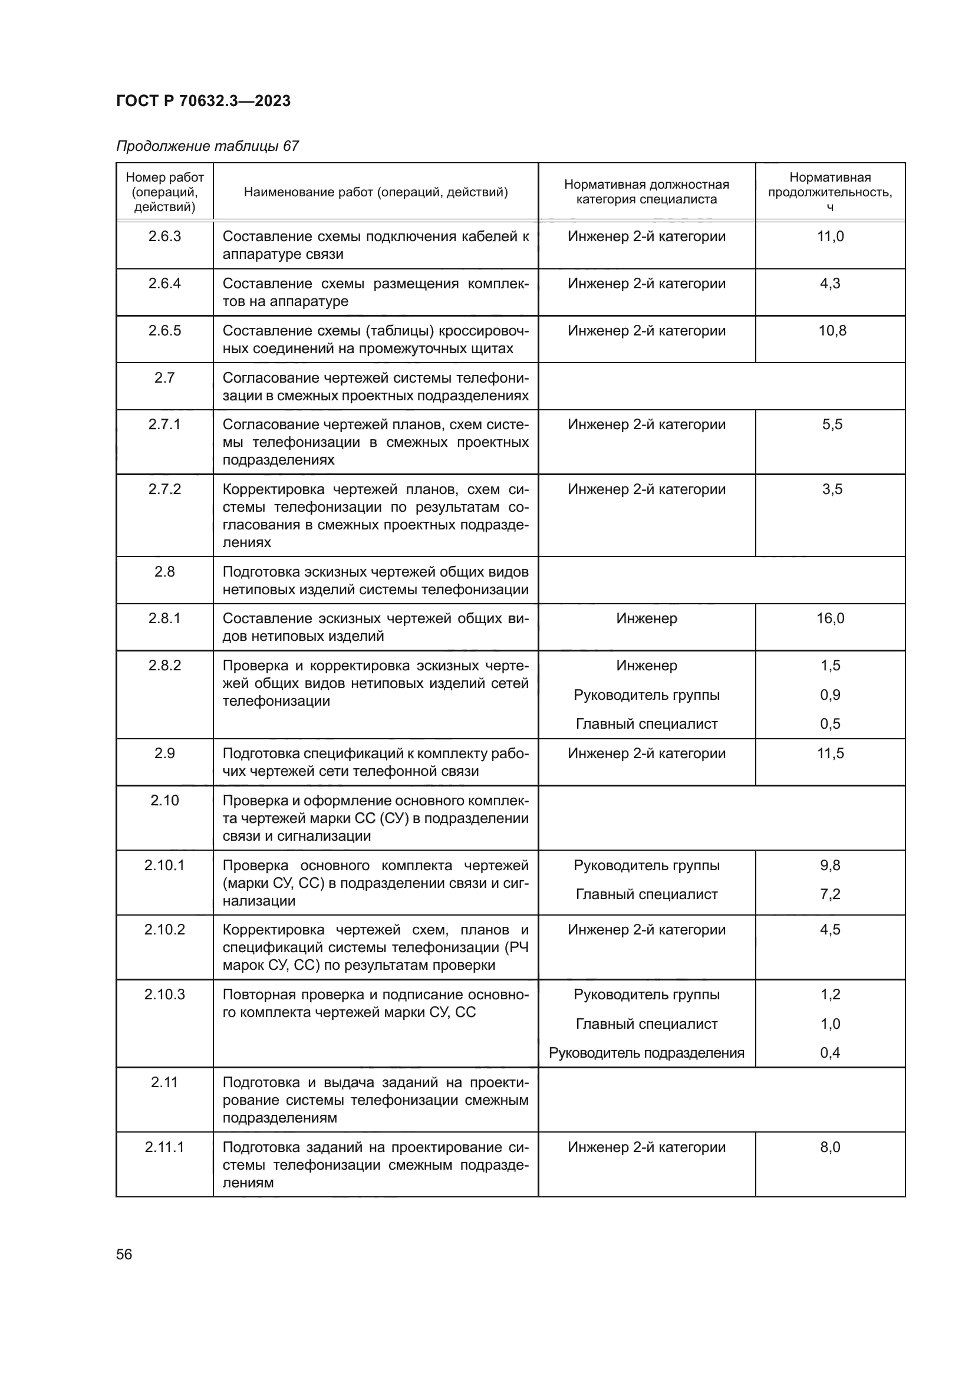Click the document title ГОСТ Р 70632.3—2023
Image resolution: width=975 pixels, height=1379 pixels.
[x=203, y=101]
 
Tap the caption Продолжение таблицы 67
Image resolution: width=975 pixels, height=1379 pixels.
[x=207, y=146]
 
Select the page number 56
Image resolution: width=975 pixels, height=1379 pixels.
[x=124, y=1254]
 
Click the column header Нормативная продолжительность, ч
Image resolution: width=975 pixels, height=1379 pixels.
[x=830, y=192]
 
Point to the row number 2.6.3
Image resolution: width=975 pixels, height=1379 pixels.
[x=164, y=236]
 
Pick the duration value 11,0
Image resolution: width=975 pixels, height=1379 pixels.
[x=830, y=236]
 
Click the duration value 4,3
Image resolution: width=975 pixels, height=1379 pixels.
[x=830, y=283]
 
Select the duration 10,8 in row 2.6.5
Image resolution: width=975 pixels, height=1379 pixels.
[x=832, y=330]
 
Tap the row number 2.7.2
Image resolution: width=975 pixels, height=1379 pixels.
[x=164, y=489]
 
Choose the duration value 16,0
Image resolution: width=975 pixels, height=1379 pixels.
[x=830, y=618]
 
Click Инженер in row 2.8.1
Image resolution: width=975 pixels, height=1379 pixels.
[x=646, y=618]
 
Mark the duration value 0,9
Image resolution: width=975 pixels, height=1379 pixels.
[x=830, y=695]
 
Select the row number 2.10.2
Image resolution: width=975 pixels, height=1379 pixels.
[x=164, y=929]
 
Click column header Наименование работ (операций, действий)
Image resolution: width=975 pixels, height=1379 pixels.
[x=376, y=192]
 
